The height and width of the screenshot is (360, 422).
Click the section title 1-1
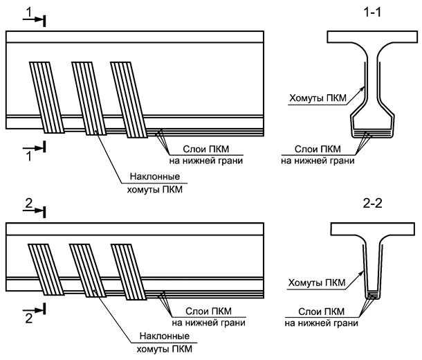click(372, 13)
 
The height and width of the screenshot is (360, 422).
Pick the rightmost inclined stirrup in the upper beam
click(129, 97)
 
